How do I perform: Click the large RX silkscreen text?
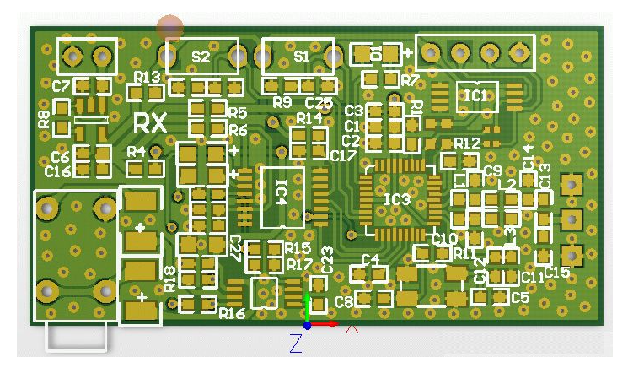pos(150,123)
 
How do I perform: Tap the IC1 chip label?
pos(476,96)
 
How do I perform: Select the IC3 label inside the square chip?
pos(397,200)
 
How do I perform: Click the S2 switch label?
pos(201,57)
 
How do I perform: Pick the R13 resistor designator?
pos(148,77)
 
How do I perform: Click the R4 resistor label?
pos(137,152)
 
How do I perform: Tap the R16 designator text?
pos(232,313)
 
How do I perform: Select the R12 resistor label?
pos(466,143)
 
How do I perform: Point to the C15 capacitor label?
pos(557,272)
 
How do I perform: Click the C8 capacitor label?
pos(344,301)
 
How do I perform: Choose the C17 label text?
pos(342,156)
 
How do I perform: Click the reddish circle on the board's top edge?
pos(170,28)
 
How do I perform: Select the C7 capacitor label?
pos(61,86)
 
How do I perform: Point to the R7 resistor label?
pos(411,80)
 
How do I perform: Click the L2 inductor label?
pos(507,184)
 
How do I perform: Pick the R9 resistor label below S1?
pos(282,103)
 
